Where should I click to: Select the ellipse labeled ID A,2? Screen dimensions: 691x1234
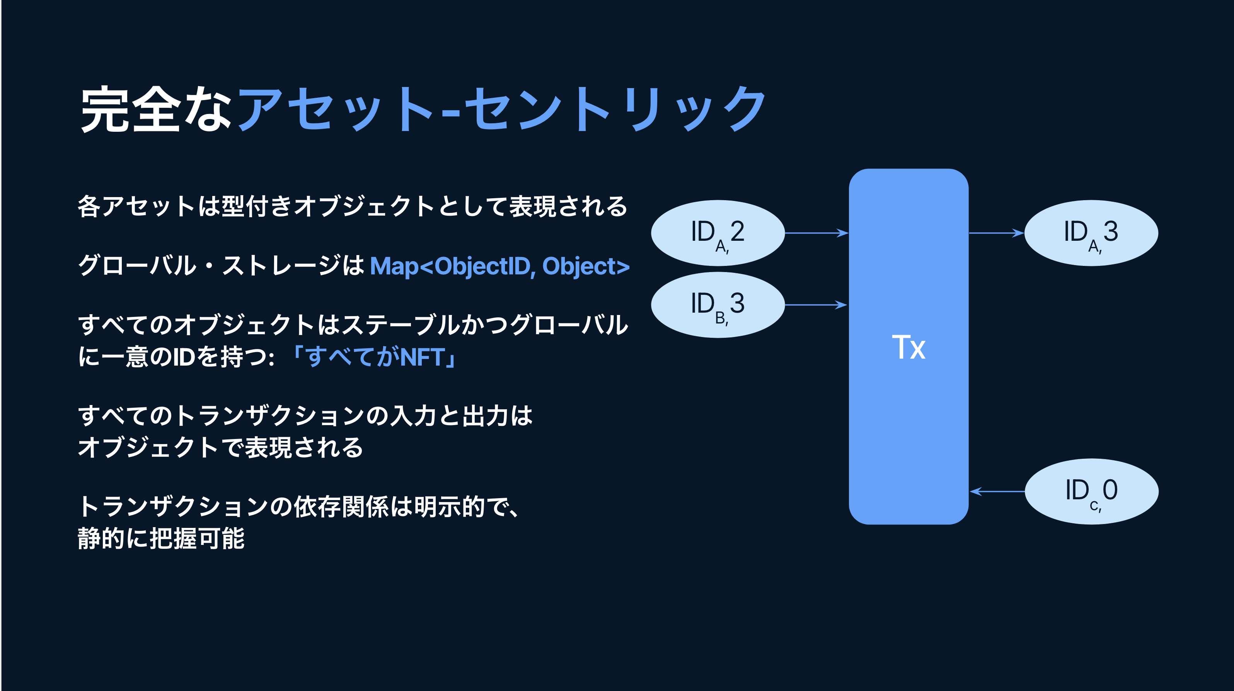click(718, 233)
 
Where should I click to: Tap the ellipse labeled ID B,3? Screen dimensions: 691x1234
click(718, 305)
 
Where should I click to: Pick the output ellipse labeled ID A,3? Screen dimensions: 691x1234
click(1091, 233)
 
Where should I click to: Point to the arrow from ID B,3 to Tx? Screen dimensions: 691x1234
click(816, 305)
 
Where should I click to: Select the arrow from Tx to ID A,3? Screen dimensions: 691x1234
click(996, 233)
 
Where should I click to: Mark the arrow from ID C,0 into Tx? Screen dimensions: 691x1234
click(997, 491)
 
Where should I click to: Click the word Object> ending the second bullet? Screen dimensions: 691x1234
click(585, 266)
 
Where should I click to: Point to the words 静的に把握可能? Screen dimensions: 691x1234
click(162, 538)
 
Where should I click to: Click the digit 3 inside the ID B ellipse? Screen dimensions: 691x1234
click(737, 303)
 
